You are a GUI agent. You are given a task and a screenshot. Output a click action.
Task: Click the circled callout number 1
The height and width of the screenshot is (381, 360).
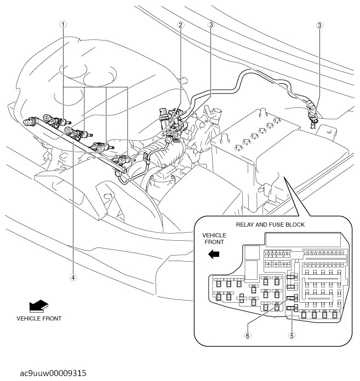[x=64, y=25]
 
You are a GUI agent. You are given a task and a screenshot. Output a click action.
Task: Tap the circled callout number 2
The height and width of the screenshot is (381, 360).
[x=181, y=25]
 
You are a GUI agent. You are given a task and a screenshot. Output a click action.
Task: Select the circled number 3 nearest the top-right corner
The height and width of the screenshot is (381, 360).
[x=319, y=25]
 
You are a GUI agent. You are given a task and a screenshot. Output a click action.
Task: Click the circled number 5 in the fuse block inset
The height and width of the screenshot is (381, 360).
[x=292, y=336]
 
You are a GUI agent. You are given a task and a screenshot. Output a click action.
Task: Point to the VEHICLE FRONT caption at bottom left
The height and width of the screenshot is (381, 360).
[x=39, y=318]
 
